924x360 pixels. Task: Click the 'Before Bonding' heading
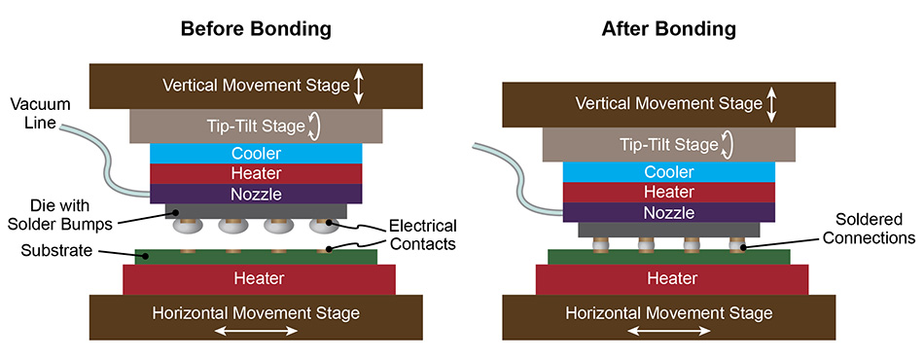256,29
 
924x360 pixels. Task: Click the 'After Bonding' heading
668,29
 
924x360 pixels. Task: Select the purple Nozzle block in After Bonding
669,212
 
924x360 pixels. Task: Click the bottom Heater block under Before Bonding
258,279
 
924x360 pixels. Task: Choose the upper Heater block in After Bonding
669,192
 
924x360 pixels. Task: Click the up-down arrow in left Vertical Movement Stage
359,86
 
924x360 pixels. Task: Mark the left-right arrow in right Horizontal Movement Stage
668,332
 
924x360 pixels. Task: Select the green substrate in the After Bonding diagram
669,257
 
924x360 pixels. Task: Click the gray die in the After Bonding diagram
669,230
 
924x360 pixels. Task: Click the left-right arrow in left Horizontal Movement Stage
256,332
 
